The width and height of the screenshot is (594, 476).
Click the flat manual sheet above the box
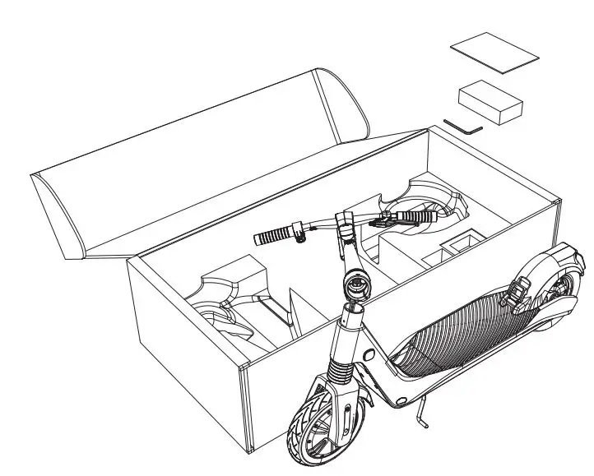(x=494, y=53)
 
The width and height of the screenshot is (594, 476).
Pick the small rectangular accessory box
(x=491, y=103)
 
